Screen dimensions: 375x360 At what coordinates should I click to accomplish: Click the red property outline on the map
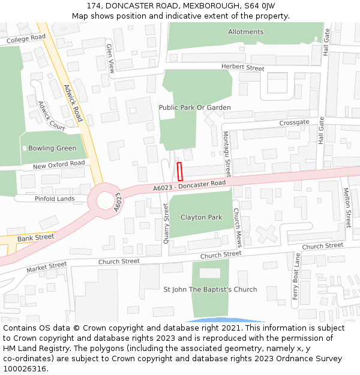click(179, 171)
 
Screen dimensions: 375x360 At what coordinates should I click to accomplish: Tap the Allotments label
click(245, 32)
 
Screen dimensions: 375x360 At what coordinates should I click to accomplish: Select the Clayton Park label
click(201, 217)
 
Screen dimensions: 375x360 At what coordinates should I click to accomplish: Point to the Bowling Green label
click(52, 148)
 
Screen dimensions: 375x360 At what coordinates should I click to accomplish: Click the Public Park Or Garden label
click(194, 107)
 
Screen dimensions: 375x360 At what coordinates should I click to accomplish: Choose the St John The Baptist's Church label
click(210, 289)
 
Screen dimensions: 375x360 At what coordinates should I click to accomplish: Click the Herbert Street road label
click(242, 68)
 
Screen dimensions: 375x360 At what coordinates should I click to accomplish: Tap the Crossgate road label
click(294, 122)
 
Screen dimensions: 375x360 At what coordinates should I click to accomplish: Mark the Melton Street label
click(347, 207)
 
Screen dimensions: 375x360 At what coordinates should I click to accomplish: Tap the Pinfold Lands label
click(55, 199)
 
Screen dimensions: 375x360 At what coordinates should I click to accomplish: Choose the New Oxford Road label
click(59, 164)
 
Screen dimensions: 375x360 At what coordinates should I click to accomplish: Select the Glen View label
click(110, 58)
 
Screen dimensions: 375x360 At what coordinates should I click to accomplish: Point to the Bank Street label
click(35, 238)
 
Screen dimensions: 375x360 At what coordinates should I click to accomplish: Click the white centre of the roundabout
click(105, 200)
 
